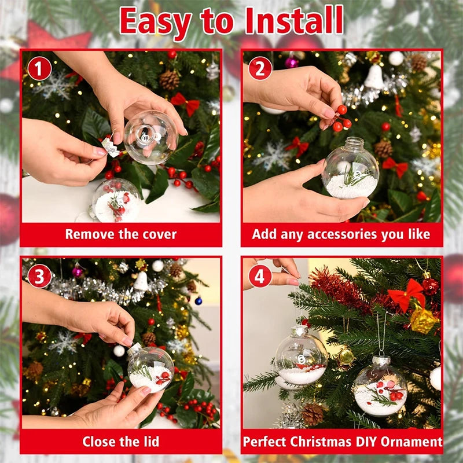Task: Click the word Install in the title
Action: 294,21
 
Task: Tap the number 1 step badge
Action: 39,69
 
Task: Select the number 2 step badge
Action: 260,69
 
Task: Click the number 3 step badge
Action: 39,276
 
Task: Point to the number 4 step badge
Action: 260,276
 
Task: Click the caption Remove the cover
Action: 120,234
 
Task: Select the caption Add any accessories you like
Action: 341,234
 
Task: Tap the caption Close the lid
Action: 120,442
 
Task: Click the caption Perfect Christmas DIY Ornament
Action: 342,442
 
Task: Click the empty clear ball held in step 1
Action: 150,137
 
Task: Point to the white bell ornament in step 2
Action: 374,78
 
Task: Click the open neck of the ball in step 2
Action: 353,144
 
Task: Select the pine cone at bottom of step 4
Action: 313,413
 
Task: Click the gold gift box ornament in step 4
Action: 424,320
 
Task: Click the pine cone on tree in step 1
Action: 170,80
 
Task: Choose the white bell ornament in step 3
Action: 141,281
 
